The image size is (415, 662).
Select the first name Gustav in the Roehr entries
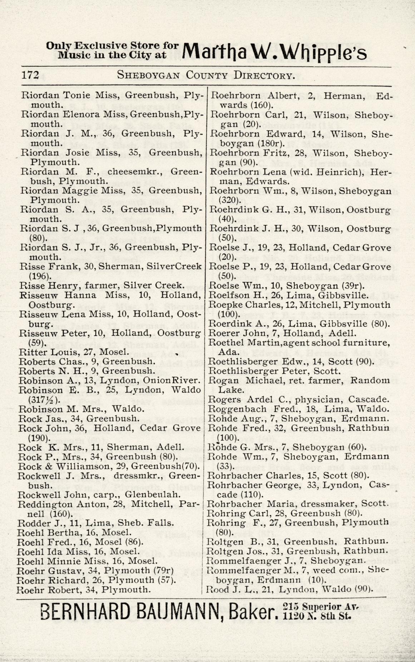61,570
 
